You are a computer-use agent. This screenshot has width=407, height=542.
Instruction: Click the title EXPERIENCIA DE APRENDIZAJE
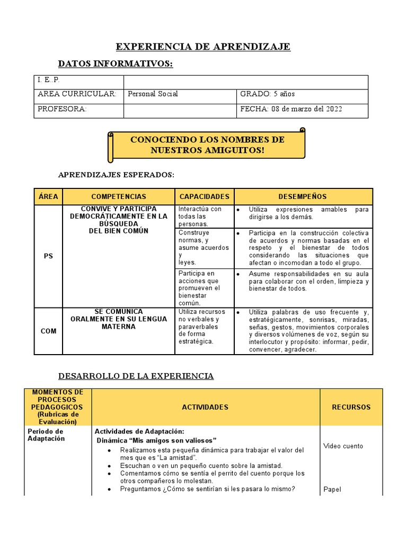203,47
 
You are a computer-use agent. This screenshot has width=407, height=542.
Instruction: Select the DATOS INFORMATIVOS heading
115,64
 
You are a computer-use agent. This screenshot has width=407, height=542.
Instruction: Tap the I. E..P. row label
48,80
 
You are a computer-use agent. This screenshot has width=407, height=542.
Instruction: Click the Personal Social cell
153,94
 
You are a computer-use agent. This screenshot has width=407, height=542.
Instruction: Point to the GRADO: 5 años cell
268,94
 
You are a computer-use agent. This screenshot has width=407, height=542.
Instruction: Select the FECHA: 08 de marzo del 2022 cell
291,109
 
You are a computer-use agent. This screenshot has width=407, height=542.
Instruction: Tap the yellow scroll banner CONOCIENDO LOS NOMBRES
207,145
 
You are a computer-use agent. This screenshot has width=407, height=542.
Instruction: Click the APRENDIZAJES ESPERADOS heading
116,175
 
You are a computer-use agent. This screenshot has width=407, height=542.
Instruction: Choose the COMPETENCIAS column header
119,196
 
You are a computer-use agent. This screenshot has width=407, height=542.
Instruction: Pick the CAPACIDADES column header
204,196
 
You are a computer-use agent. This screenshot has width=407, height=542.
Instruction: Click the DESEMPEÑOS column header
303,196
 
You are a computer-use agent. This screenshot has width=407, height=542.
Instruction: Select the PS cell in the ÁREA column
48,256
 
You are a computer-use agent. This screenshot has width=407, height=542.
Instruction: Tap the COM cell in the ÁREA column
48,331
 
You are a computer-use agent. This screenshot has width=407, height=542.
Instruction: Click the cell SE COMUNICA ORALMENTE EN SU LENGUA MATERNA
119,319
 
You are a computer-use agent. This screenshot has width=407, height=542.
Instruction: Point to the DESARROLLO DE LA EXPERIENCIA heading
135,376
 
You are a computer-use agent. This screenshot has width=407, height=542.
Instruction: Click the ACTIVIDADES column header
205,407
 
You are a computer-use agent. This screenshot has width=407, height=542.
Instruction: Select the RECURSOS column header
351,407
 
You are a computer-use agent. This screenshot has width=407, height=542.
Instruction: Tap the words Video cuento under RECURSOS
343,446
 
